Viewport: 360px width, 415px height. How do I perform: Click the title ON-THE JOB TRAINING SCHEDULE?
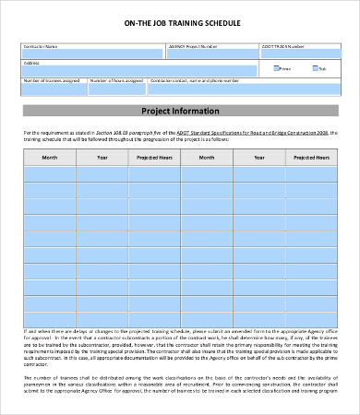pos(179,22)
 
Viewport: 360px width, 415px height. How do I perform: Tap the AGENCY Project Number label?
pos(195,43)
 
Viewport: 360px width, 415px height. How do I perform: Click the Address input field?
pos(138,70)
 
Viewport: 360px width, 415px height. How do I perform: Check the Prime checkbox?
pos(276,67)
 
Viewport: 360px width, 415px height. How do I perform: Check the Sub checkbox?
pos(315,67)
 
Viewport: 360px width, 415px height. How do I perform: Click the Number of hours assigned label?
pos(115,80)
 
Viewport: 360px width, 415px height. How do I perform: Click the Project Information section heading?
pos(179,111)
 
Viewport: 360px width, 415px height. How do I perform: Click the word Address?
pos(31,63)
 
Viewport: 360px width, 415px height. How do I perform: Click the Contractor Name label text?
pos(41,43)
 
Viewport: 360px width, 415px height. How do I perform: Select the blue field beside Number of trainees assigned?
pos(54,89)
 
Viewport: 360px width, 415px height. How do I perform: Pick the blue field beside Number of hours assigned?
pos(115,89)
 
